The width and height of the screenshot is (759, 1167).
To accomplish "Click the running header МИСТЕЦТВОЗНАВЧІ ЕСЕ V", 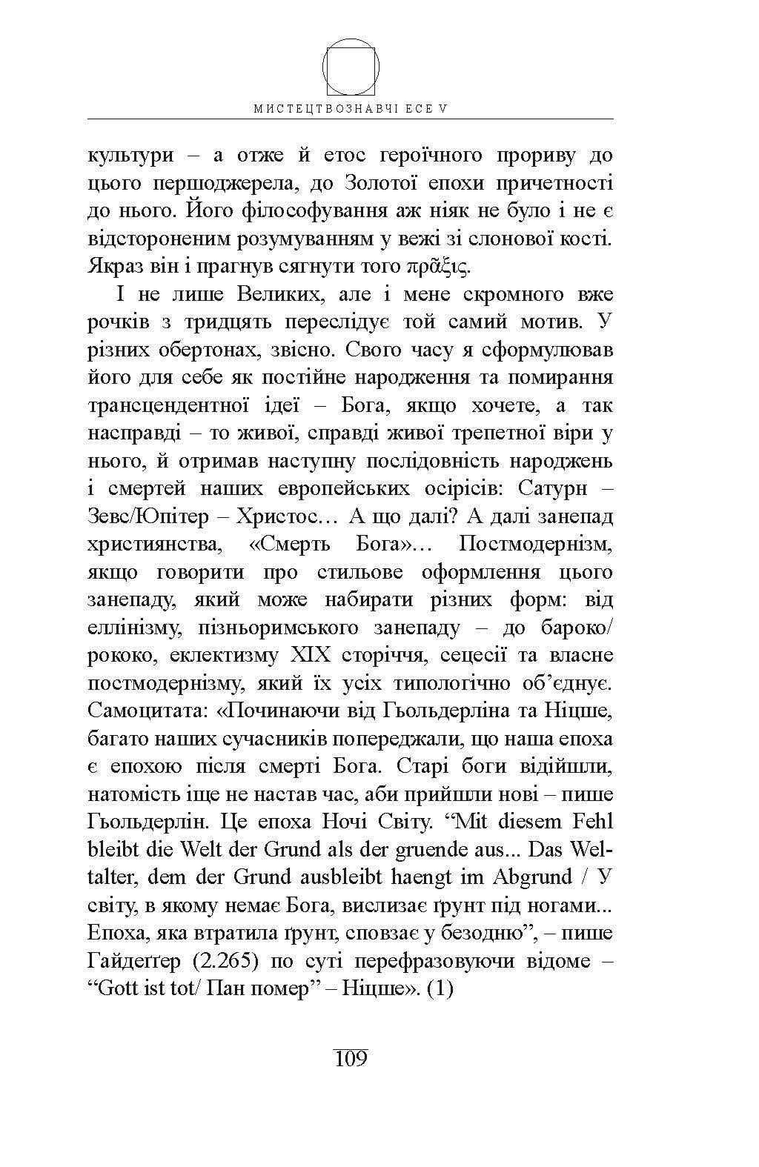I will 351,108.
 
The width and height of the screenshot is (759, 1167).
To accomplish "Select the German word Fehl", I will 591,822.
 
